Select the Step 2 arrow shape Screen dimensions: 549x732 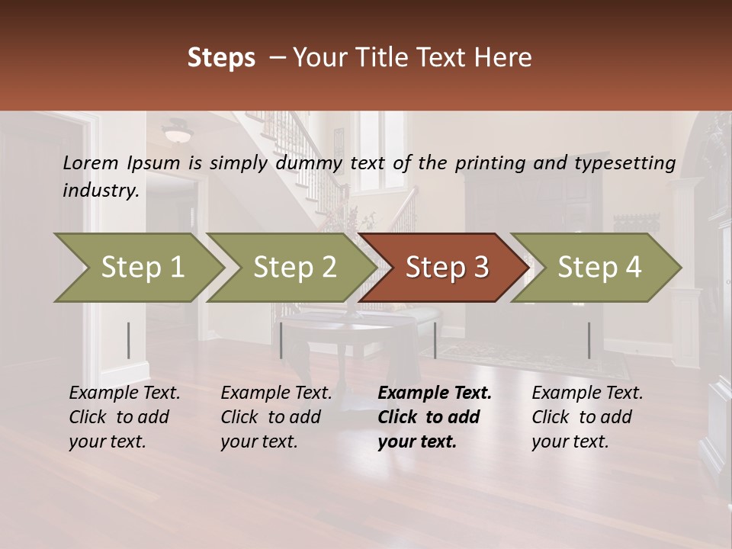pos(294,268)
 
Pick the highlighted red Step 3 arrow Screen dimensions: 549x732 pos(446,268)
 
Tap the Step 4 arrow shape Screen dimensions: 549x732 pos(599,268)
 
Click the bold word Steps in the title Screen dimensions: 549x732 pos(221,57)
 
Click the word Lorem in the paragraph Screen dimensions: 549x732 pos(91,162)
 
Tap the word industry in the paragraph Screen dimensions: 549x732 pos(101,190)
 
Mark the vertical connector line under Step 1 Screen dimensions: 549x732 pos(129,340)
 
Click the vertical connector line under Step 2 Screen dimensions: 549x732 pos(281,340)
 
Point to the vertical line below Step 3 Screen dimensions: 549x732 pos(435,340)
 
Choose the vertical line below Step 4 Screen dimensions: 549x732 pos(589,340)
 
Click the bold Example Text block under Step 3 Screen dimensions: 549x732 pos(435,417)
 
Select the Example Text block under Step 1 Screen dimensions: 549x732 pos(124,417)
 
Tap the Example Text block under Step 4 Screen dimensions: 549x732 pos(587,417)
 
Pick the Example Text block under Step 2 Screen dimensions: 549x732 pos(276,417)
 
